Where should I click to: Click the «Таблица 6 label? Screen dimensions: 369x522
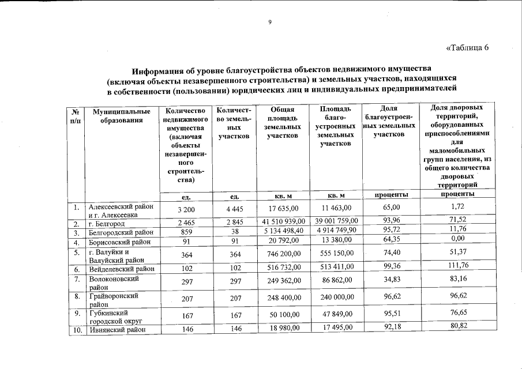(467, 47)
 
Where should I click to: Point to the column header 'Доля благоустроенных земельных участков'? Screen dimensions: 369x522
(389, 122)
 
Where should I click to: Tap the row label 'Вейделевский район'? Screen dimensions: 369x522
(122, 268)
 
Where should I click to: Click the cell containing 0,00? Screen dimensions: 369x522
(457, 239)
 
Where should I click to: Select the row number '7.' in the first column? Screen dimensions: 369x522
(76, 278)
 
